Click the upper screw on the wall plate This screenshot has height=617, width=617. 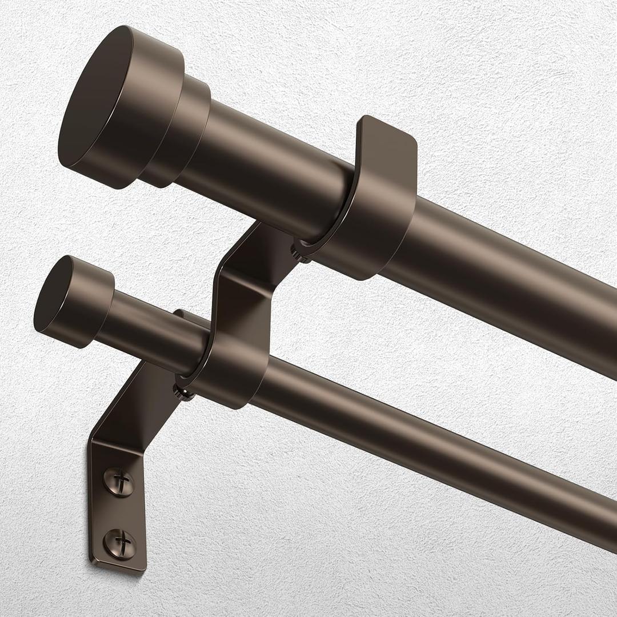point(119,482)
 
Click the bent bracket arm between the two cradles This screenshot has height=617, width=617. point(246,286)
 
